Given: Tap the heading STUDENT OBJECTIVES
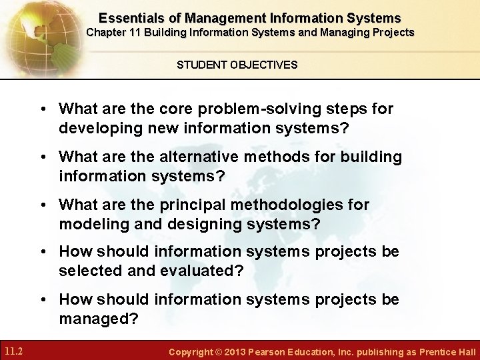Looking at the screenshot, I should pos(237,65).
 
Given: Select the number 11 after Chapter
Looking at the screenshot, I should pos(147,32).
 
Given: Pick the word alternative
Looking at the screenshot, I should pos(201,157).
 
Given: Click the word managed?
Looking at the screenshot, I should pos(99,319).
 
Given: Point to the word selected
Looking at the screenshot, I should pos(89,271).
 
